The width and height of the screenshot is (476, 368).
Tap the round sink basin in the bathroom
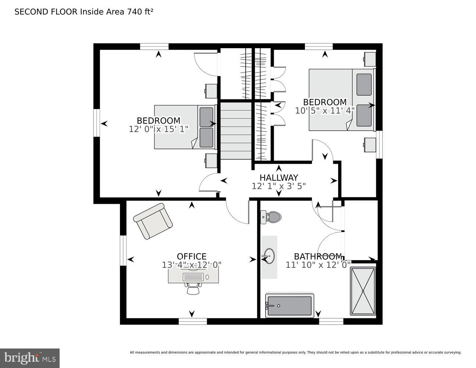pos(269,256)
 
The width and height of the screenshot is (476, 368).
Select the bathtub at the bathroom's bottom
pos(289,306)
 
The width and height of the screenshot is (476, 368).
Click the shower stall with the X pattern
pos(363,291)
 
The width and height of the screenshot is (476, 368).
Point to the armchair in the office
pos(153,221)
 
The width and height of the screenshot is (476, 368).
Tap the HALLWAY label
pos(278,178)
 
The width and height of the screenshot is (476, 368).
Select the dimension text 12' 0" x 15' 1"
pos(159,129)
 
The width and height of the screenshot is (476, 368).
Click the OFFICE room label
pos(192,256)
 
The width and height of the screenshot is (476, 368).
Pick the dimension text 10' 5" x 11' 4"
pos(324,110)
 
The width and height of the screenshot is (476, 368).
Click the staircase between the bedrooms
pos(236,131)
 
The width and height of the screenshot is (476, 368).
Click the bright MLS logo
pos(30,358)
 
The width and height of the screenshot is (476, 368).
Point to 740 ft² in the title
pos(140,11)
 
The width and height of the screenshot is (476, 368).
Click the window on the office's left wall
pos(123,250)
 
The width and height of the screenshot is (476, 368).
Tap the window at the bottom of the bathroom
pos(331,321)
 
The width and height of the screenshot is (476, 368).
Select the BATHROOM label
pos(318,256)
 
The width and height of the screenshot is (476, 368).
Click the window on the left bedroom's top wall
pos(154,46)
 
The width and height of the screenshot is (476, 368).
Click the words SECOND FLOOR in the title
pos(46,11)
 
